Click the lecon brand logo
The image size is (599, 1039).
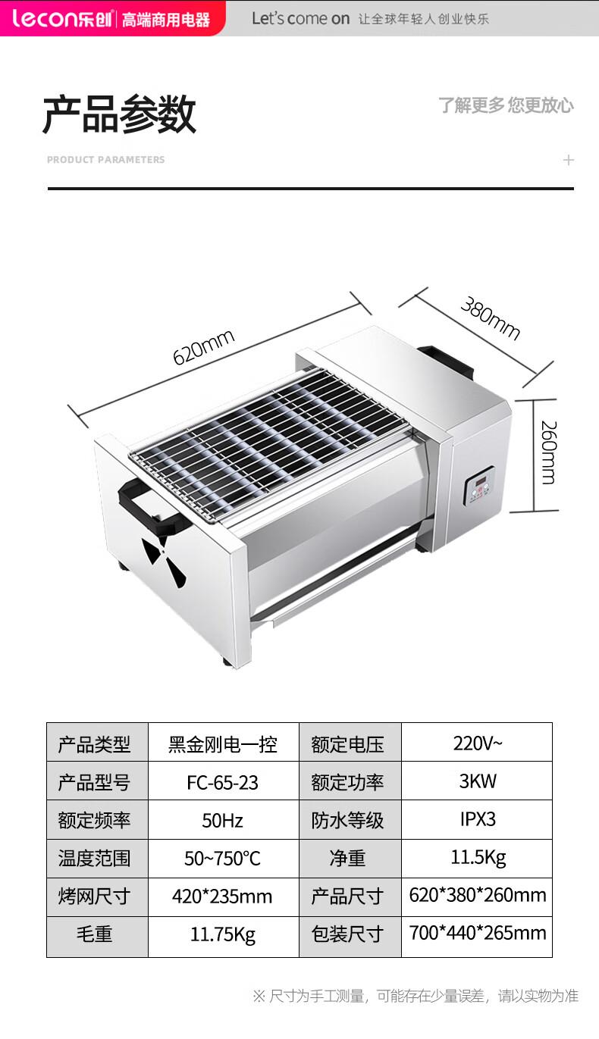point(61,18)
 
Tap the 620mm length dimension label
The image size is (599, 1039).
point(204,347)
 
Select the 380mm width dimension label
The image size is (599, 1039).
point(491,318)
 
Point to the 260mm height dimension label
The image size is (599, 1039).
point(549,452)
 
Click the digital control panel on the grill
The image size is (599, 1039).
point(480,485)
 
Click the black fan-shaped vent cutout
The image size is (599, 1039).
point(164,562)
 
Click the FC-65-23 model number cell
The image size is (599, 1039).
point(223,783)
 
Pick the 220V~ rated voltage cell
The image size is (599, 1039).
point(477,743)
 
